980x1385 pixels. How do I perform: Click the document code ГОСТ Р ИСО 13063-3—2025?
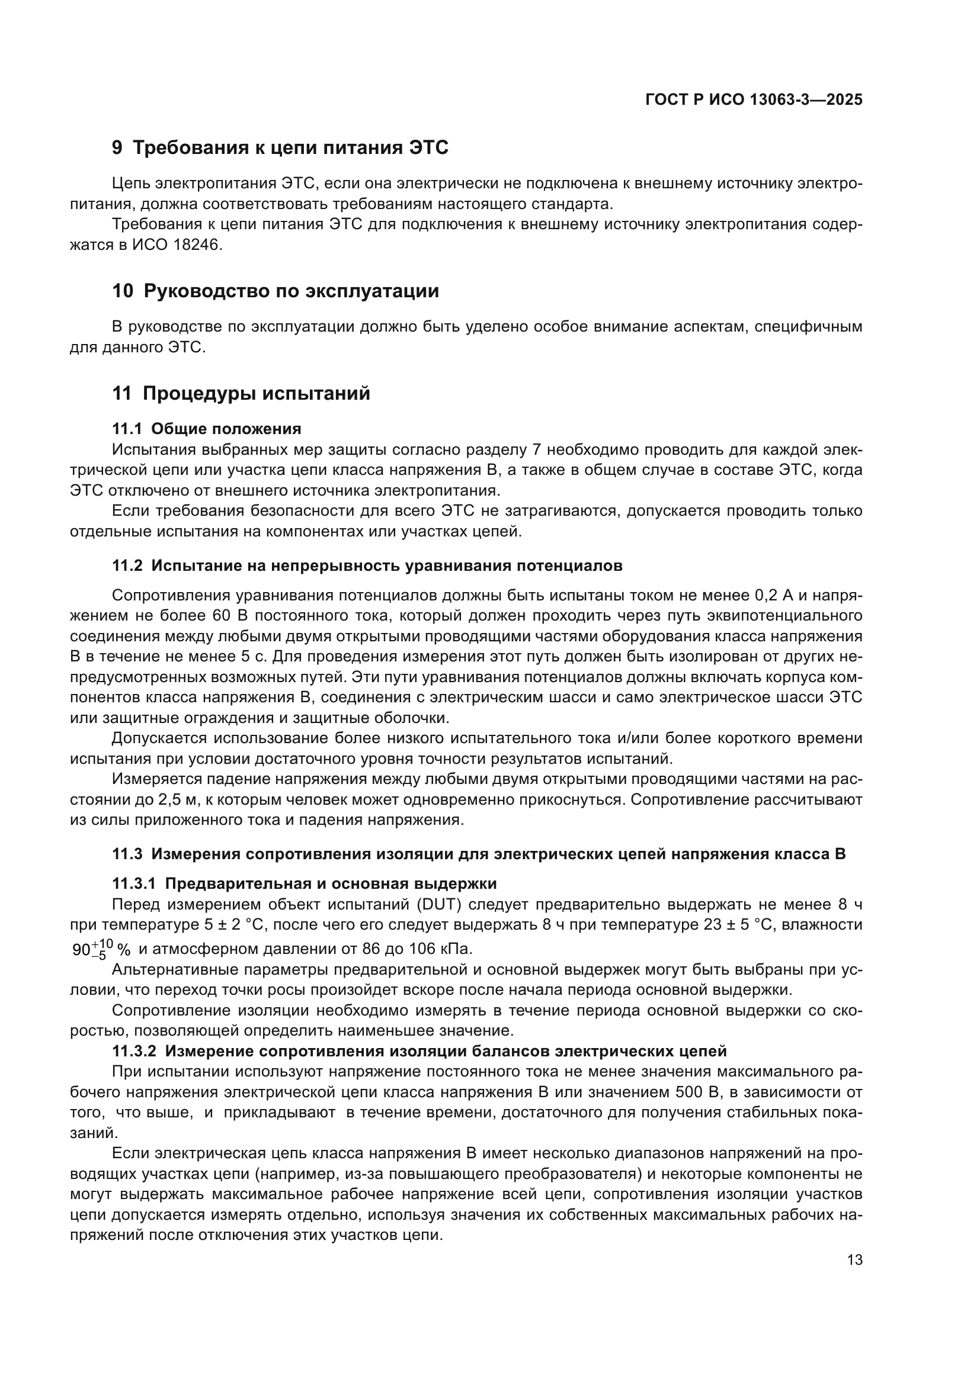pos(754,99)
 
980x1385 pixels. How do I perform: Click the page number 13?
pos(854,1259)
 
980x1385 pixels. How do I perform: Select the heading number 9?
pos(117,148)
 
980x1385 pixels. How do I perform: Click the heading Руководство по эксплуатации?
pos(292,291)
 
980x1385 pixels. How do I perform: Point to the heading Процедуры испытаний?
pos(257,394)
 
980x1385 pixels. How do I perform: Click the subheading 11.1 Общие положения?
pos(206,429)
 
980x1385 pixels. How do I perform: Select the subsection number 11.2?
pos(127,566)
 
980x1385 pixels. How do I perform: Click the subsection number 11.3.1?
pos(134,883)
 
